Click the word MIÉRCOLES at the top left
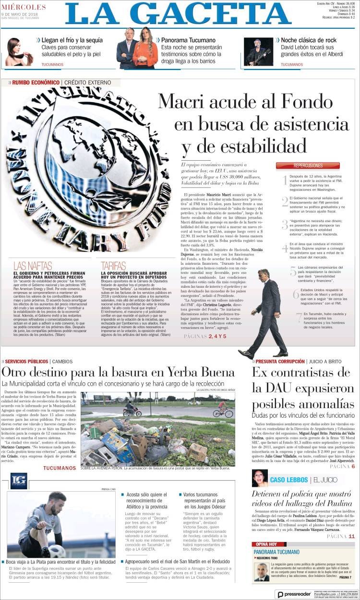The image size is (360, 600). click(x=24, y=7)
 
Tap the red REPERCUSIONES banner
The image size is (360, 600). click(x=308, y=165)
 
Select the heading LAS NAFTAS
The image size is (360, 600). click(x=32, y=266)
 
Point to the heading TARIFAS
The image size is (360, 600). click(x=113, y=266)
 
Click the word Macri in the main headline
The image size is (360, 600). click(x=188, y=102)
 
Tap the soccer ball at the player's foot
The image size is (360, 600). click(x=57, y=551)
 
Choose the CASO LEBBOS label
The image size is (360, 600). click(x=288, y=480)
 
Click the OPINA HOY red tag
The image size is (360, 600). click(x=266, y=544)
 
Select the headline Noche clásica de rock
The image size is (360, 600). click(x=309, y=40)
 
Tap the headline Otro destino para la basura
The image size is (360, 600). click(x=118, y=372)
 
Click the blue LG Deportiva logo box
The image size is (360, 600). click(x=19, y=481)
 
